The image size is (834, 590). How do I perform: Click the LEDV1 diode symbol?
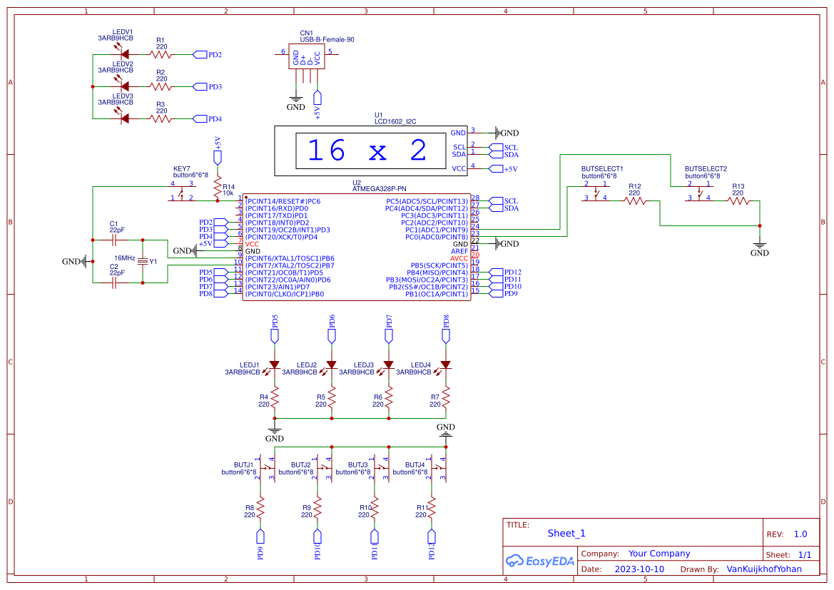[x=124, y=54]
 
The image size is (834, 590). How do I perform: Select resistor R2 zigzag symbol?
[x=161, y=86]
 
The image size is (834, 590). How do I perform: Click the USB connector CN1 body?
[x=307, y=58]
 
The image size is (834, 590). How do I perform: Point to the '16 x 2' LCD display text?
[x=367, y=151]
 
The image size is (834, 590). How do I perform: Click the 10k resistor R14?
[x=218, y=188]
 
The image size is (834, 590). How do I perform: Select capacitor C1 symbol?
[x=114, y=240]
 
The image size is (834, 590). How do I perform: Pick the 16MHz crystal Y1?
[x=143, y=262]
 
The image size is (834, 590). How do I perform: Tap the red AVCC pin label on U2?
[x=459, y=258]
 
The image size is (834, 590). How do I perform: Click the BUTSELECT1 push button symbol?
[x=596, y=194]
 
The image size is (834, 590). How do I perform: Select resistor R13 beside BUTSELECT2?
[x=738, y=201]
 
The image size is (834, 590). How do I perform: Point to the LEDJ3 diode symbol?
[x=388, y=365]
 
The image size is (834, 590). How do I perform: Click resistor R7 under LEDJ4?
[x=446, y=397]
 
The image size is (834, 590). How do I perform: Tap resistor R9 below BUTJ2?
[x=317, y=508]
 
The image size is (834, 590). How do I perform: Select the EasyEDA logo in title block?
[x=539, y=561]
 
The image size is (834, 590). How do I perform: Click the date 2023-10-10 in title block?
[x=639, y=569]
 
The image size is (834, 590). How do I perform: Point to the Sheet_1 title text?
[x=566, y=533]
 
